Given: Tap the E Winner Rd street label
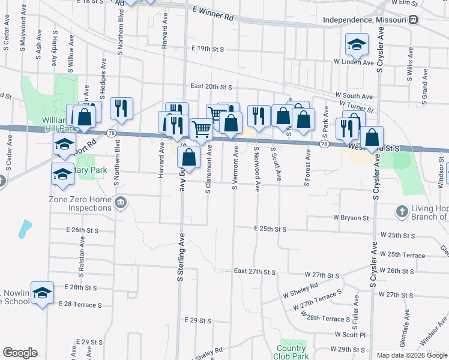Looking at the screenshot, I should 212,14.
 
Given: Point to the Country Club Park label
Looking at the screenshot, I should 292,352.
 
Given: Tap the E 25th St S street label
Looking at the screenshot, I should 270,229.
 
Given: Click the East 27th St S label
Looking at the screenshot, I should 255,272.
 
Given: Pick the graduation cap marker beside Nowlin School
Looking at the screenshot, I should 42,293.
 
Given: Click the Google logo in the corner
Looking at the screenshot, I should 20,353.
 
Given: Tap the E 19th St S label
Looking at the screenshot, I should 208,48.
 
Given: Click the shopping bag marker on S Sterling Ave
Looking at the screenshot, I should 189,158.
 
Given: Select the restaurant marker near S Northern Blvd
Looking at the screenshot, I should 122,108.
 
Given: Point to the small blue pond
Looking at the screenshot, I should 25,228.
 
